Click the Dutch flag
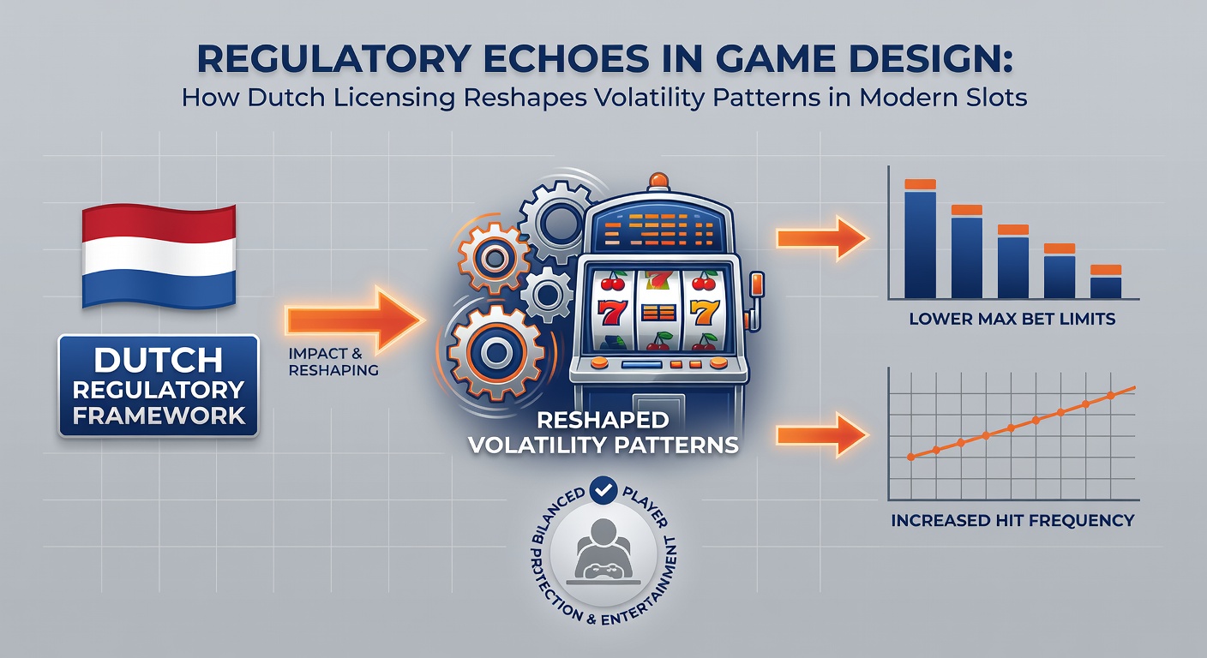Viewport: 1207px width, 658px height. [x=159, y=256]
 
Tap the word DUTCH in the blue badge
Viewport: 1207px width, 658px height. [x=158, y=360]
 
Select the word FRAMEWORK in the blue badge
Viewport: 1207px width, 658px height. [x=159, y=416]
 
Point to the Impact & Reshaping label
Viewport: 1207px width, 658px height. [x=333, y=362]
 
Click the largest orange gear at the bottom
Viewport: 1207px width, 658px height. [x=495, y=352]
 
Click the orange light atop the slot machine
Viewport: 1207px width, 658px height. [x=658, y=181]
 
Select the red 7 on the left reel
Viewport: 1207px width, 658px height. [x=613, y=313]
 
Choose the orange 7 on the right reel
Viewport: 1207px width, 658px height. [x=705, y=313]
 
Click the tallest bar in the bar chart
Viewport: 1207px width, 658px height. [x=921, y=238]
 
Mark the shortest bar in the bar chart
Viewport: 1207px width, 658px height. [x=1106, y=282]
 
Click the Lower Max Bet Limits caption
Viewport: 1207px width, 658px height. [x=1012, y=319]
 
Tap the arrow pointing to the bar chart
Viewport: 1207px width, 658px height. [x=822, y=238]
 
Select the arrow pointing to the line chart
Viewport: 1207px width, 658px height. [x=822, y=435]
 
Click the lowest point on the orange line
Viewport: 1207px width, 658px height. [x=911, y=458]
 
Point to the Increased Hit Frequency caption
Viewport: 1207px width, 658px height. [x=1012, y=521]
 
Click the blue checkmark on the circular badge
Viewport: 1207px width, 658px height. [x=603, y=490]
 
